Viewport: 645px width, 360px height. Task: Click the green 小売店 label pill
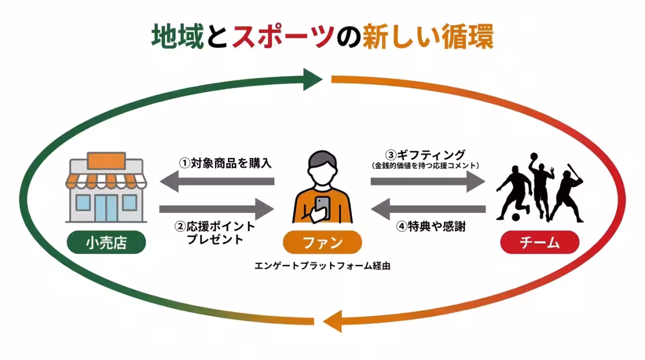coord(106,243)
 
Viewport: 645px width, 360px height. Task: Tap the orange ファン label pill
coord(322,243)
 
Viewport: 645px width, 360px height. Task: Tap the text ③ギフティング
coord(426,154)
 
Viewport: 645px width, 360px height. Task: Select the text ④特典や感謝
coord(431,227)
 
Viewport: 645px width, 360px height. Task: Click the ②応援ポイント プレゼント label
coord(215,232)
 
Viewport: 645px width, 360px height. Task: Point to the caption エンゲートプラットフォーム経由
coord(322,265)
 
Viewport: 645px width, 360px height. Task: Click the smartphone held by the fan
coord(322,205)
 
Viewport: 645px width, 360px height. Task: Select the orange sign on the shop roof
coord(106,161)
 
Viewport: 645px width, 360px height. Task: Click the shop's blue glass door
coord(106,207)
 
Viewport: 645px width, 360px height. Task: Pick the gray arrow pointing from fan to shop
coord(218,183)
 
